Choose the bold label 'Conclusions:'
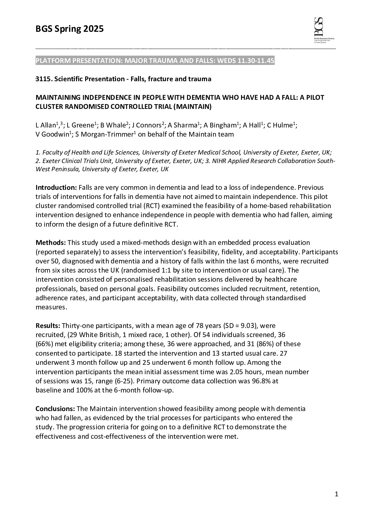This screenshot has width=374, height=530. [x=55, y=409]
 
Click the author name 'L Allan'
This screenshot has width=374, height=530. [x=46, y=126]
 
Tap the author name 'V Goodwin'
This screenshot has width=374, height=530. [x=52, y=135]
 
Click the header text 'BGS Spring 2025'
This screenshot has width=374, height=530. [x=69, y=29]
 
